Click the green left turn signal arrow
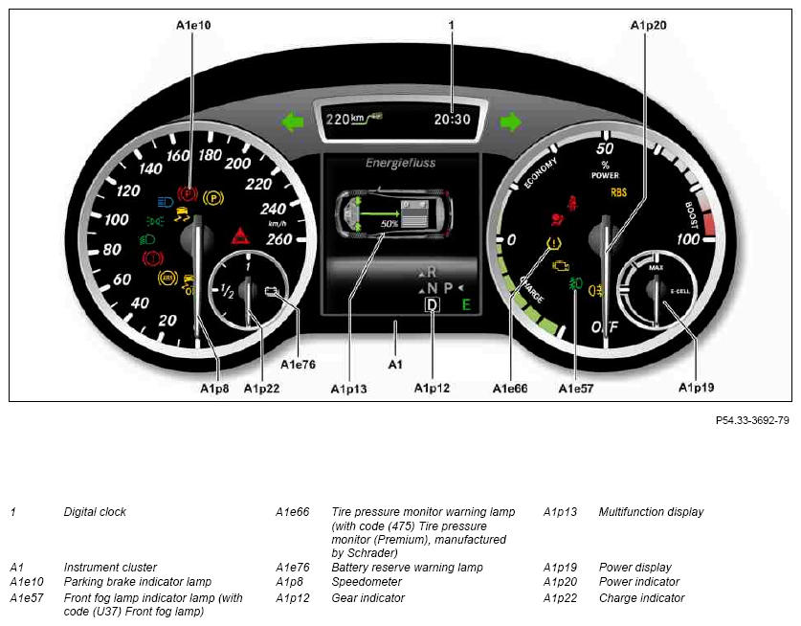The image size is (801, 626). [x=292, y=123]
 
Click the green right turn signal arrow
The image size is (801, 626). [x=510, y=123]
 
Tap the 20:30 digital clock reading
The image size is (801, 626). [x=452, y=119]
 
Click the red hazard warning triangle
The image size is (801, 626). [x=240, y=236]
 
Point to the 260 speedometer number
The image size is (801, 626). [x=278, y=239]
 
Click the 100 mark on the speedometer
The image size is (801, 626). [x=116, y=220]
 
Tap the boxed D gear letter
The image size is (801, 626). [x=433, y=305]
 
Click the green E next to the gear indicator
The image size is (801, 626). [x=466, y=305]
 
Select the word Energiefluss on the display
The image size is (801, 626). [x=400, y=163]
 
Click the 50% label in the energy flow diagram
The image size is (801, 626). [x=389, y=224]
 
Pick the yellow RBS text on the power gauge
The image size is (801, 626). [x=618, y=192]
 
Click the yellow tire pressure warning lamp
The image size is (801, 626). [x=553, y=243]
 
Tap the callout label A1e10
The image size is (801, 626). [x=193, y=25]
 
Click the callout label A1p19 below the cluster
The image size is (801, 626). [x=697, y=388]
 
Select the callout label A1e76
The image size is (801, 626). [x=299, y=365]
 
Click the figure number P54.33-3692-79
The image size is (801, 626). [x=752, y=420]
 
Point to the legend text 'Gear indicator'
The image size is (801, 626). [x=367, y=597]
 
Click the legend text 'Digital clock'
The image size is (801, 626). [x=95, y=511]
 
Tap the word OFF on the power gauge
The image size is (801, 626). [x=605, y=326]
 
